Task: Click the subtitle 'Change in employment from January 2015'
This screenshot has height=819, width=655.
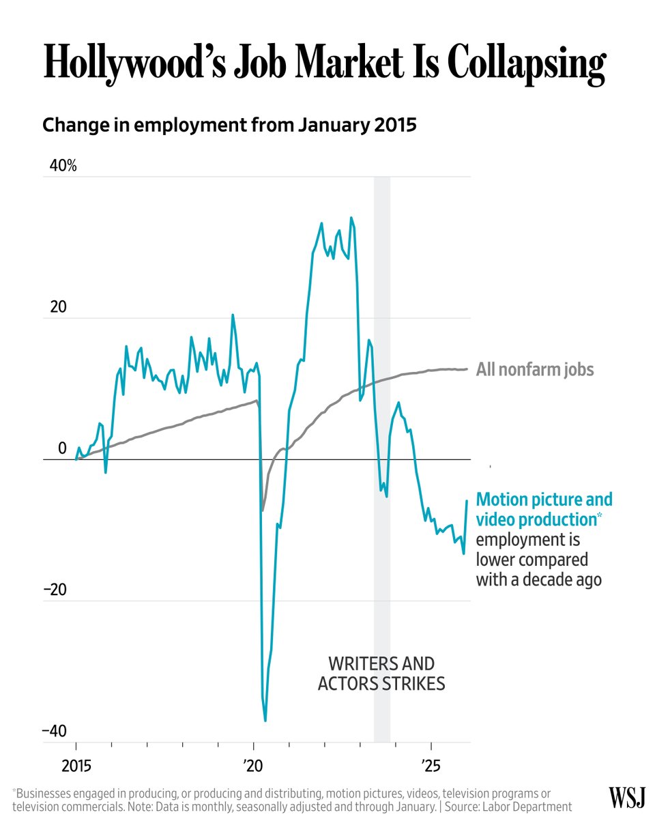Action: (229, 126)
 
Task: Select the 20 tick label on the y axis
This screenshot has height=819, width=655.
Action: (58, 307)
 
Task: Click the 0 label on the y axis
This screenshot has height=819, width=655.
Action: (62, 448)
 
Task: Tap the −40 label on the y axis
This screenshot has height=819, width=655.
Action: (55, 731)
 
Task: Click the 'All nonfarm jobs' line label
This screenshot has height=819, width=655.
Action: (535, 370)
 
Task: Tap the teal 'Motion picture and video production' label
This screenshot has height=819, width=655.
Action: (543, 509)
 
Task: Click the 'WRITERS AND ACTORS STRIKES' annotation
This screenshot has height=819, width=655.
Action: (381, 673)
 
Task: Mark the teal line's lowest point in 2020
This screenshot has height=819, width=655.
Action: (265, 721)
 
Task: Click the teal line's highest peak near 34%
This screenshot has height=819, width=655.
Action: (351, 218)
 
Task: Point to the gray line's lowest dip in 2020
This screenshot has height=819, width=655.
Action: (263, 510)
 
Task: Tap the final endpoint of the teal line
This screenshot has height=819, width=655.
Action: (467, 501)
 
